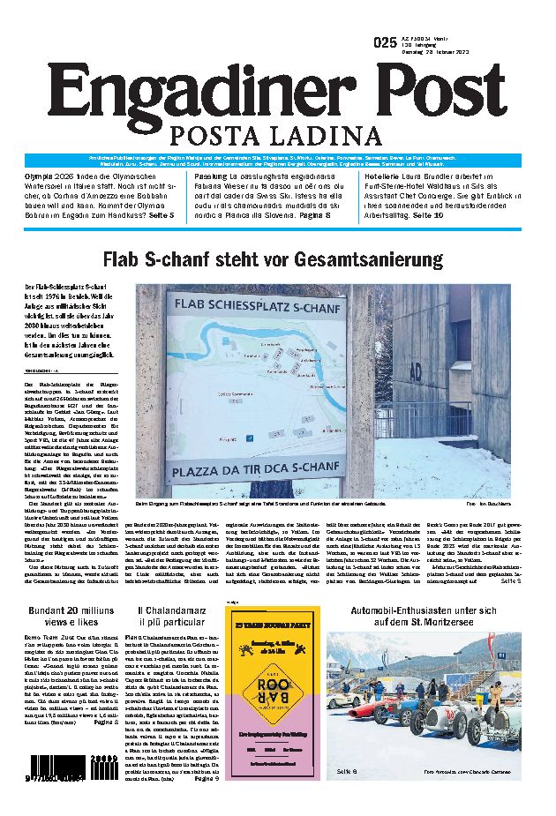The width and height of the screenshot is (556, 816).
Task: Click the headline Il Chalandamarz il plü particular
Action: tap(174, 617)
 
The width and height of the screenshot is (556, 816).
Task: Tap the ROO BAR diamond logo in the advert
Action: tap(266, 691)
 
